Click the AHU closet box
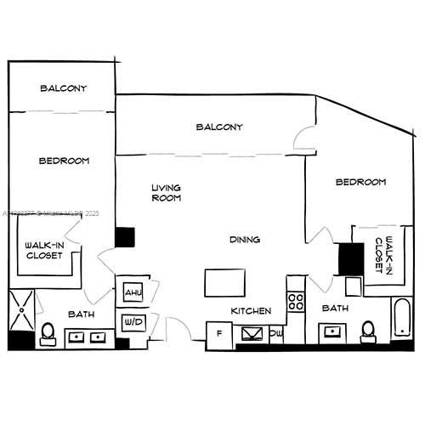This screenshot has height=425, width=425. pyautogui.click(x=133, y=292)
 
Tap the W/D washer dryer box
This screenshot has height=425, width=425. pyautogui.click(x=133, y=323)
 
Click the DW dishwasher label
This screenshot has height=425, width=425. pyautogui.click(x=276, y=333)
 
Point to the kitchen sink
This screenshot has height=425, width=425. pyautogui.click(x=252, y=333)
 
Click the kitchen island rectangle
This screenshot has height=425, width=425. pyautogui.click(x=224, y=281)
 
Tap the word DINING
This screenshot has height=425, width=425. pyautogui.click(x=245, y=240)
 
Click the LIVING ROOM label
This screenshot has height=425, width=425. pyautogui.click(x=166, y=193)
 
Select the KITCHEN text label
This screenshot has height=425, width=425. pyautogui.click(x=252, y=311)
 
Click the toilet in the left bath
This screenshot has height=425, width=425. pyautogui.click(x=48, y=332)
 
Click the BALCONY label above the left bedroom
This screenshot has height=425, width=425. pyautogui.click(x=63, y=88)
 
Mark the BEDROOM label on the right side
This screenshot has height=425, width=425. pyautogui.click(x=360, y=182)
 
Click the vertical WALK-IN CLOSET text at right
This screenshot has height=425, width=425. pyautogui.click(x=384, y=252)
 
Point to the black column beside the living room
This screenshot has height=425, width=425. pyautogui.click(x=125, y=237)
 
